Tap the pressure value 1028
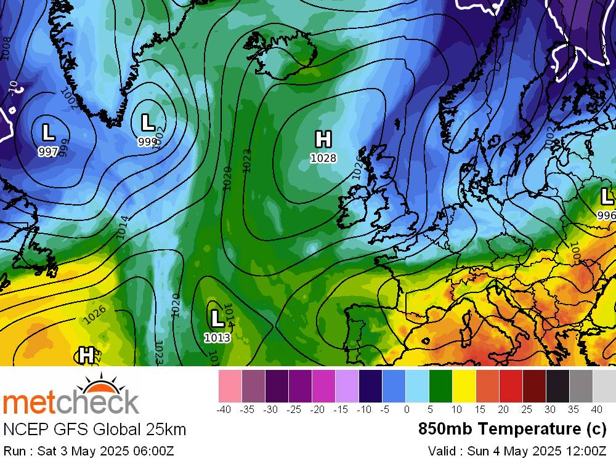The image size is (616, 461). [323, 158]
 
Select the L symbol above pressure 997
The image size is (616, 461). [47, 132]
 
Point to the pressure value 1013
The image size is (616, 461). [217, 337]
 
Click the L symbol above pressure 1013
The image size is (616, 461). [217, 318]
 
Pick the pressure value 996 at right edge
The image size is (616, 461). [606, 215]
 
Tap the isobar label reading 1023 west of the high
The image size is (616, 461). [246, 159]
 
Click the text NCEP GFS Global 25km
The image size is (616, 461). [94, 429]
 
